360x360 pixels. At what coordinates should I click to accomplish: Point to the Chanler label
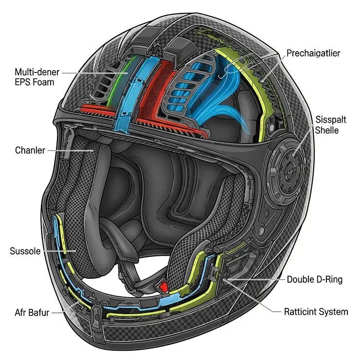(30, 150)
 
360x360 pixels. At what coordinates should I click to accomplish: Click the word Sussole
(25, 252)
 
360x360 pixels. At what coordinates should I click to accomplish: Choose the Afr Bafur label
(32, 312)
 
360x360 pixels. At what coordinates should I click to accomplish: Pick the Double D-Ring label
(314, 279)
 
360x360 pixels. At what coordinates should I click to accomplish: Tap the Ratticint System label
(316, 312)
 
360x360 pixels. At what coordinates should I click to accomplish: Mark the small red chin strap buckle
(166, 287)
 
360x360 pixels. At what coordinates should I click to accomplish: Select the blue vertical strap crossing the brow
(128, 92)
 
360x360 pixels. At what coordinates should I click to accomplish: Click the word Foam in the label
(44, 83)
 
